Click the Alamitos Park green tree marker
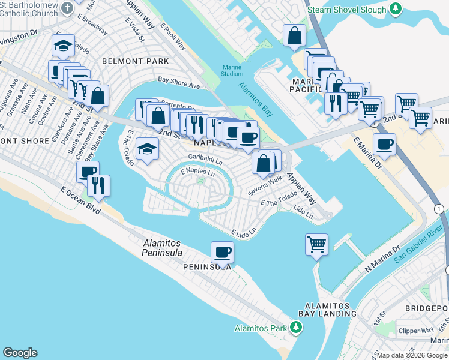(x=295, y=328)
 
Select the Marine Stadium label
(x=232, y=70)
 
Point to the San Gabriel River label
(x=420, y=250)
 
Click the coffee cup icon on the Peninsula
(x=222, y=253)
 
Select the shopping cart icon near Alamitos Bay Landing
(x=316, y=244)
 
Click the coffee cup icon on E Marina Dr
(x=384, y=145)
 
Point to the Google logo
(x=20, y=353)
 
